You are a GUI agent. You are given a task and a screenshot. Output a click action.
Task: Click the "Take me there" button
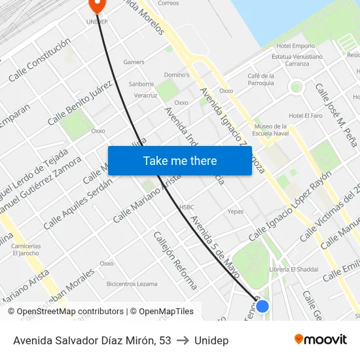(180, 160)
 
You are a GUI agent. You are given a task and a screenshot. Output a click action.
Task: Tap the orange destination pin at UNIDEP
(97, 5)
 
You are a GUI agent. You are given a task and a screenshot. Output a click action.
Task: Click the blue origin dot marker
(262, 306)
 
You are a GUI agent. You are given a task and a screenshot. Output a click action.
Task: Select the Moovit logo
(321, 340)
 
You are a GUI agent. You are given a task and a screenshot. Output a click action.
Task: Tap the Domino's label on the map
(176, 75)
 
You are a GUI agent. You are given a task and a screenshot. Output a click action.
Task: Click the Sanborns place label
(141, 84)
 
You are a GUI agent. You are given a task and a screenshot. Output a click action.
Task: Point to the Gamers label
(134, 62)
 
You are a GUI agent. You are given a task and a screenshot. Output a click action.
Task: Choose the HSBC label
(187, 207)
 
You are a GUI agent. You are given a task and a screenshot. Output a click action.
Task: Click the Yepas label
(235, 211)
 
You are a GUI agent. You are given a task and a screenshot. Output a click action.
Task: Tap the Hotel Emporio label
(295, 46)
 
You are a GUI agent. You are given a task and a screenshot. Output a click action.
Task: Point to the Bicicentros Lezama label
(132, 283)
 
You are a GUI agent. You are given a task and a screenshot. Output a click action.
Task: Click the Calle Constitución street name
(39, 60)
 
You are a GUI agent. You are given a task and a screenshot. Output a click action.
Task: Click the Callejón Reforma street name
(175, 260)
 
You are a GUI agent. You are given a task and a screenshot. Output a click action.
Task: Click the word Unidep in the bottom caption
(211, 340)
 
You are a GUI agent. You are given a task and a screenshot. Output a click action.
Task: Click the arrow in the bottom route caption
(183, 340)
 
